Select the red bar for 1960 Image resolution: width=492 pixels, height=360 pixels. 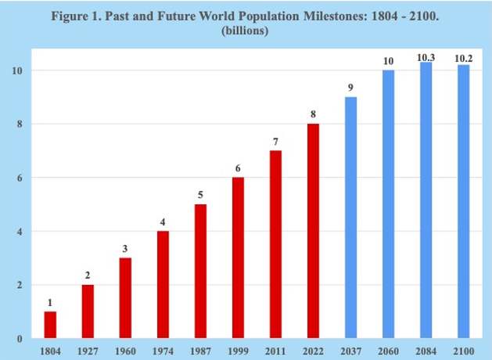point(125,298)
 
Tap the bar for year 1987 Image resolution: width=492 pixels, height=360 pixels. point(201,272)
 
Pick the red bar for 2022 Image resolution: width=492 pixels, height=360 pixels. point(314,231)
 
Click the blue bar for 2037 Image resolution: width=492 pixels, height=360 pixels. point(351,218)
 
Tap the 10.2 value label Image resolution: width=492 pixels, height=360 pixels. point(464,58)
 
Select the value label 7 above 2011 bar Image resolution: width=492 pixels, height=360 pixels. point(276,142)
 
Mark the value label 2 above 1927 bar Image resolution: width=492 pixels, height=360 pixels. point(88,276)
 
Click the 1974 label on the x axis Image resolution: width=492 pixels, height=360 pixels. point(163,350)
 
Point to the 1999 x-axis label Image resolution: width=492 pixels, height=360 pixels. point(239,350)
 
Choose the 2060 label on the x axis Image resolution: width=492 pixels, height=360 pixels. point(389,350)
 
